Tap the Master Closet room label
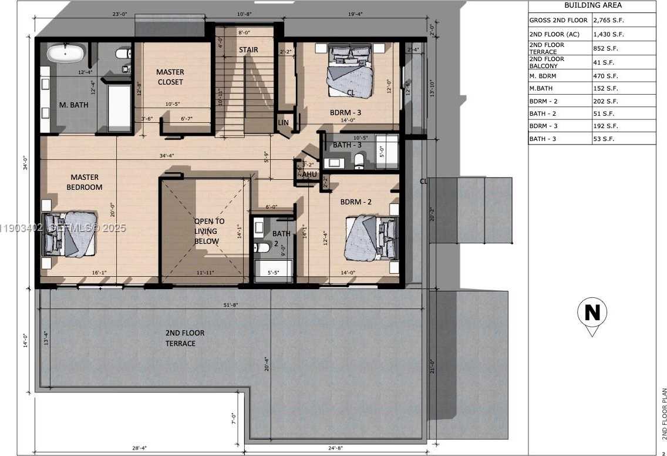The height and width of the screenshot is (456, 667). pyautogui.click(x=170, y=77)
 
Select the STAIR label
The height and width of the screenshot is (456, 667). pyautogui.click(x=248, y=50)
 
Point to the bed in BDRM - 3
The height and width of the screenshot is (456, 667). pyautogui.click(x=351, y=71)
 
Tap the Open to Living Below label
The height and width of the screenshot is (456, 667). pyautogui.click(x=210, y=231)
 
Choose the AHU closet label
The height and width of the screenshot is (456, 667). pyautogui.click(x=309, y=174)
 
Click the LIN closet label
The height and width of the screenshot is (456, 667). pyautogui.click(x=284, y=122)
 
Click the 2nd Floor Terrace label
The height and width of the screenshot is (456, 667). pyautogui.click(x=184, y=338)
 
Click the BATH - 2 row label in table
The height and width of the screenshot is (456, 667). pyautogui.click(x=543, y=113)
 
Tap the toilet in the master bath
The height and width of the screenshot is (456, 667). pyautogui.click(x=123, y=53)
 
